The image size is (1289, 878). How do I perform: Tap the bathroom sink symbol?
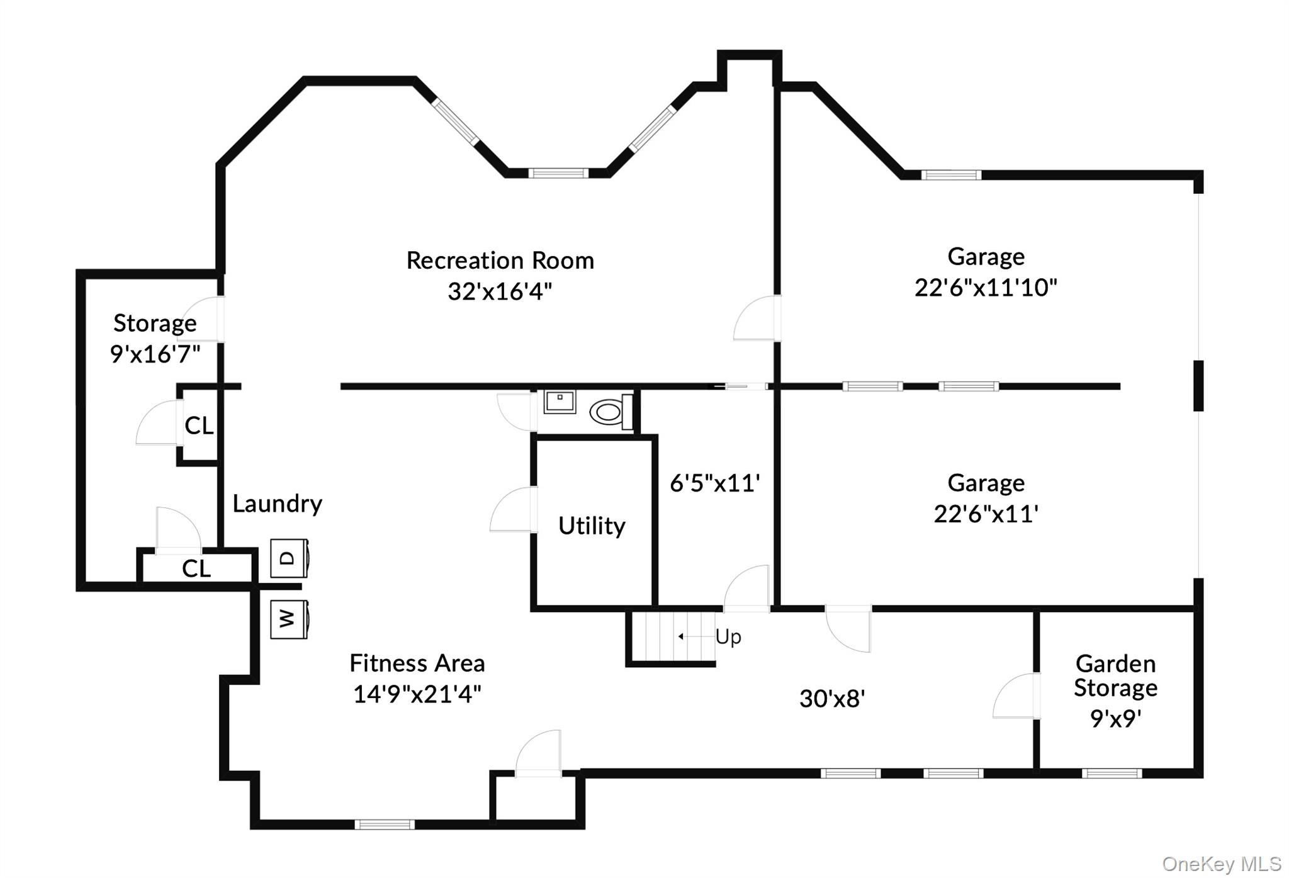pyautogui.click(x=560, y=401)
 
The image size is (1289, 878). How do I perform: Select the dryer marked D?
pyautogui.click(x=289, y=558)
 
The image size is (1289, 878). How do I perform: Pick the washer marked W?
pyautogui.click(x=289, y=619)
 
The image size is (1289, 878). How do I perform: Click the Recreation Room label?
pyautogui.click(x=500, y=261)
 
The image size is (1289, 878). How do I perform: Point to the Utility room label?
pyautogui.click(x=592, y=526)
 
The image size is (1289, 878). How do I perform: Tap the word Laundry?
pyautogui.click(x=277, y=504)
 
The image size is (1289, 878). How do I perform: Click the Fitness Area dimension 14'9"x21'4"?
pyautogui.click(x=417, y=694)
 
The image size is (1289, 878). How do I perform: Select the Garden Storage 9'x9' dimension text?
pyautogui.click(x=1115, y=718)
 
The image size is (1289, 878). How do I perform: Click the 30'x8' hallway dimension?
pyautogui.click(x=832, y=699)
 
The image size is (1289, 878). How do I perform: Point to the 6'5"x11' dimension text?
pyautogui.click(x=714, y=483)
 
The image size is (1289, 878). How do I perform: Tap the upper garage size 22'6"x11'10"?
pyautogui.click(x=985, y=288)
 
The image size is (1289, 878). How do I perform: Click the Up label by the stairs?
pyautogui.click(x=728, y=637)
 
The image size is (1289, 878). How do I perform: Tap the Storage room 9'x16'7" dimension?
pyautogui.click(x=155, y=354)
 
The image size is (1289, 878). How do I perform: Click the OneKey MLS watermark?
pyautogui.click(x=1221, y=864)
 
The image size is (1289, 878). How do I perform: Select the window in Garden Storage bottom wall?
pyautogui.click(x=1111, y=774)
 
